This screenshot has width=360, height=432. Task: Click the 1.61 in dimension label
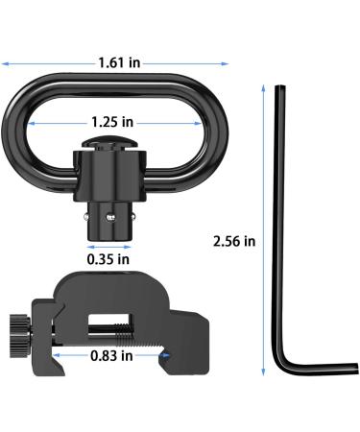(x=120, y=62)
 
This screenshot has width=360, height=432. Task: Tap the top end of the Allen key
(x=278, y=90)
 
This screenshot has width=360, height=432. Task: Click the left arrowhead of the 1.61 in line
(x=11, y=63)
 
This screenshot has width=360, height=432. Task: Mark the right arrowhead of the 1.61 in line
(x=227, y=63)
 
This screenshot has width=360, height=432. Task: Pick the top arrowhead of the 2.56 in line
(x=263, y=86)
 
